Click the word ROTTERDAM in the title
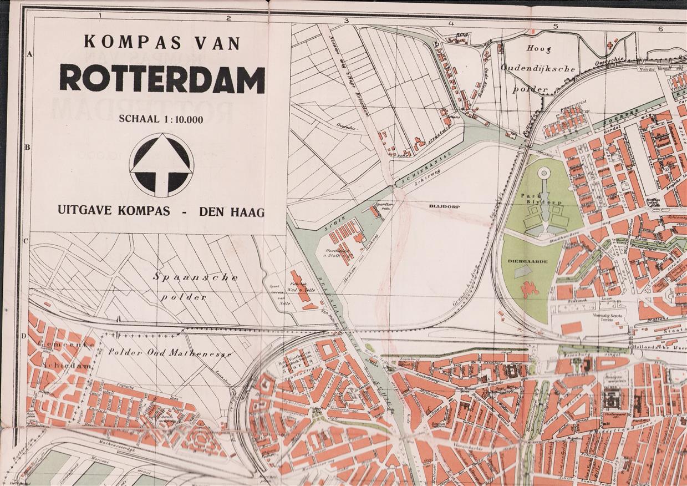[162, 78]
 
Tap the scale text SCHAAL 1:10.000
[161, 119]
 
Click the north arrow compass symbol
[161, 165]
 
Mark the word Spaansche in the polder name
[196, 277]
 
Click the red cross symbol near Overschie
[612, 42]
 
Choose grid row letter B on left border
[26, 148]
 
